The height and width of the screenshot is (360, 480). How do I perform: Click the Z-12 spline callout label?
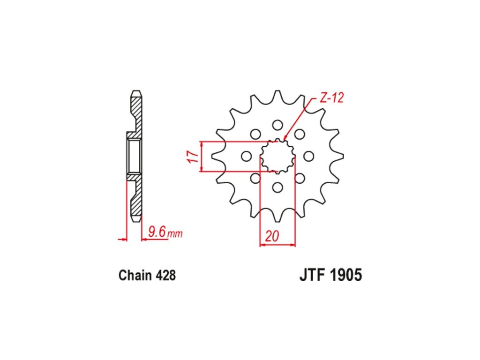point(331,97)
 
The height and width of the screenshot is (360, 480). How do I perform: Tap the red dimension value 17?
point(193,157)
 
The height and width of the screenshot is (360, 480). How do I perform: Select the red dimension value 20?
point(272,236)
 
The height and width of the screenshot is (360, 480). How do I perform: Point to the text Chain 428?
point(147,275)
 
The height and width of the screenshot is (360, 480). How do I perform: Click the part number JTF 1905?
point(330,275)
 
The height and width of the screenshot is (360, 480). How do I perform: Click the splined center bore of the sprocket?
point(277,156)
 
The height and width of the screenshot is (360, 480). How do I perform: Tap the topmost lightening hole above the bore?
point(277,125)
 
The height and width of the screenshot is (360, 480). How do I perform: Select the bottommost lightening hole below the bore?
point(277,187)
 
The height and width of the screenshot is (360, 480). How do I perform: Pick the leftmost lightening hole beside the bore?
point(246,156)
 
